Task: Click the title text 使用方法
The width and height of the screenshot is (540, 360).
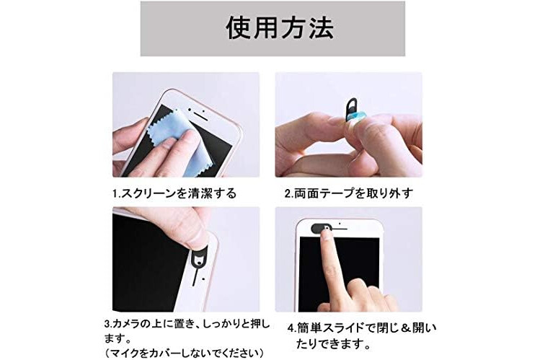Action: pyautogui.click(x=280, y=27)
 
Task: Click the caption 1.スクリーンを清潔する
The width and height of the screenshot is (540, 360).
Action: pyautogui.click(x=174, y=193)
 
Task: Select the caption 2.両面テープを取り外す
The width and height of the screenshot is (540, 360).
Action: pyautogui.click(x=348, y=193)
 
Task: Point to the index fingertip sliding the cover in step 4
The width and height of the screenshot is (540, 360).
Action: pyautogui.click(x=325, y=234)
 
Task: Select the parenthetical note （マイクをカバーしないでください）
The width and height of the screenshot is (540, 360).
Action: pyautogui.click(x=185, y=353)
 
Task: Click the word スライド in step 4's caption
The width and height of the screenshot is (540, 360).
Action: pyautogui.click(x=346, y=328)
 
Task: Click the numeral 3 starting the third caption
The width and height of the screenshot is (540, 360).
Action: pyautogui.click(x=107, y=324)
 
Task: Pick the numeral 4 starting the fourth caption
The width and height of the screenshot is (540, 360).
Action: pyautogui.click(x=291, y=328)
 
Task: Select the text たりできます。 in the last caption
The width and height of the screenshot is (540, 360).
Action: pyautogui.click(x=333, y=343)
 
